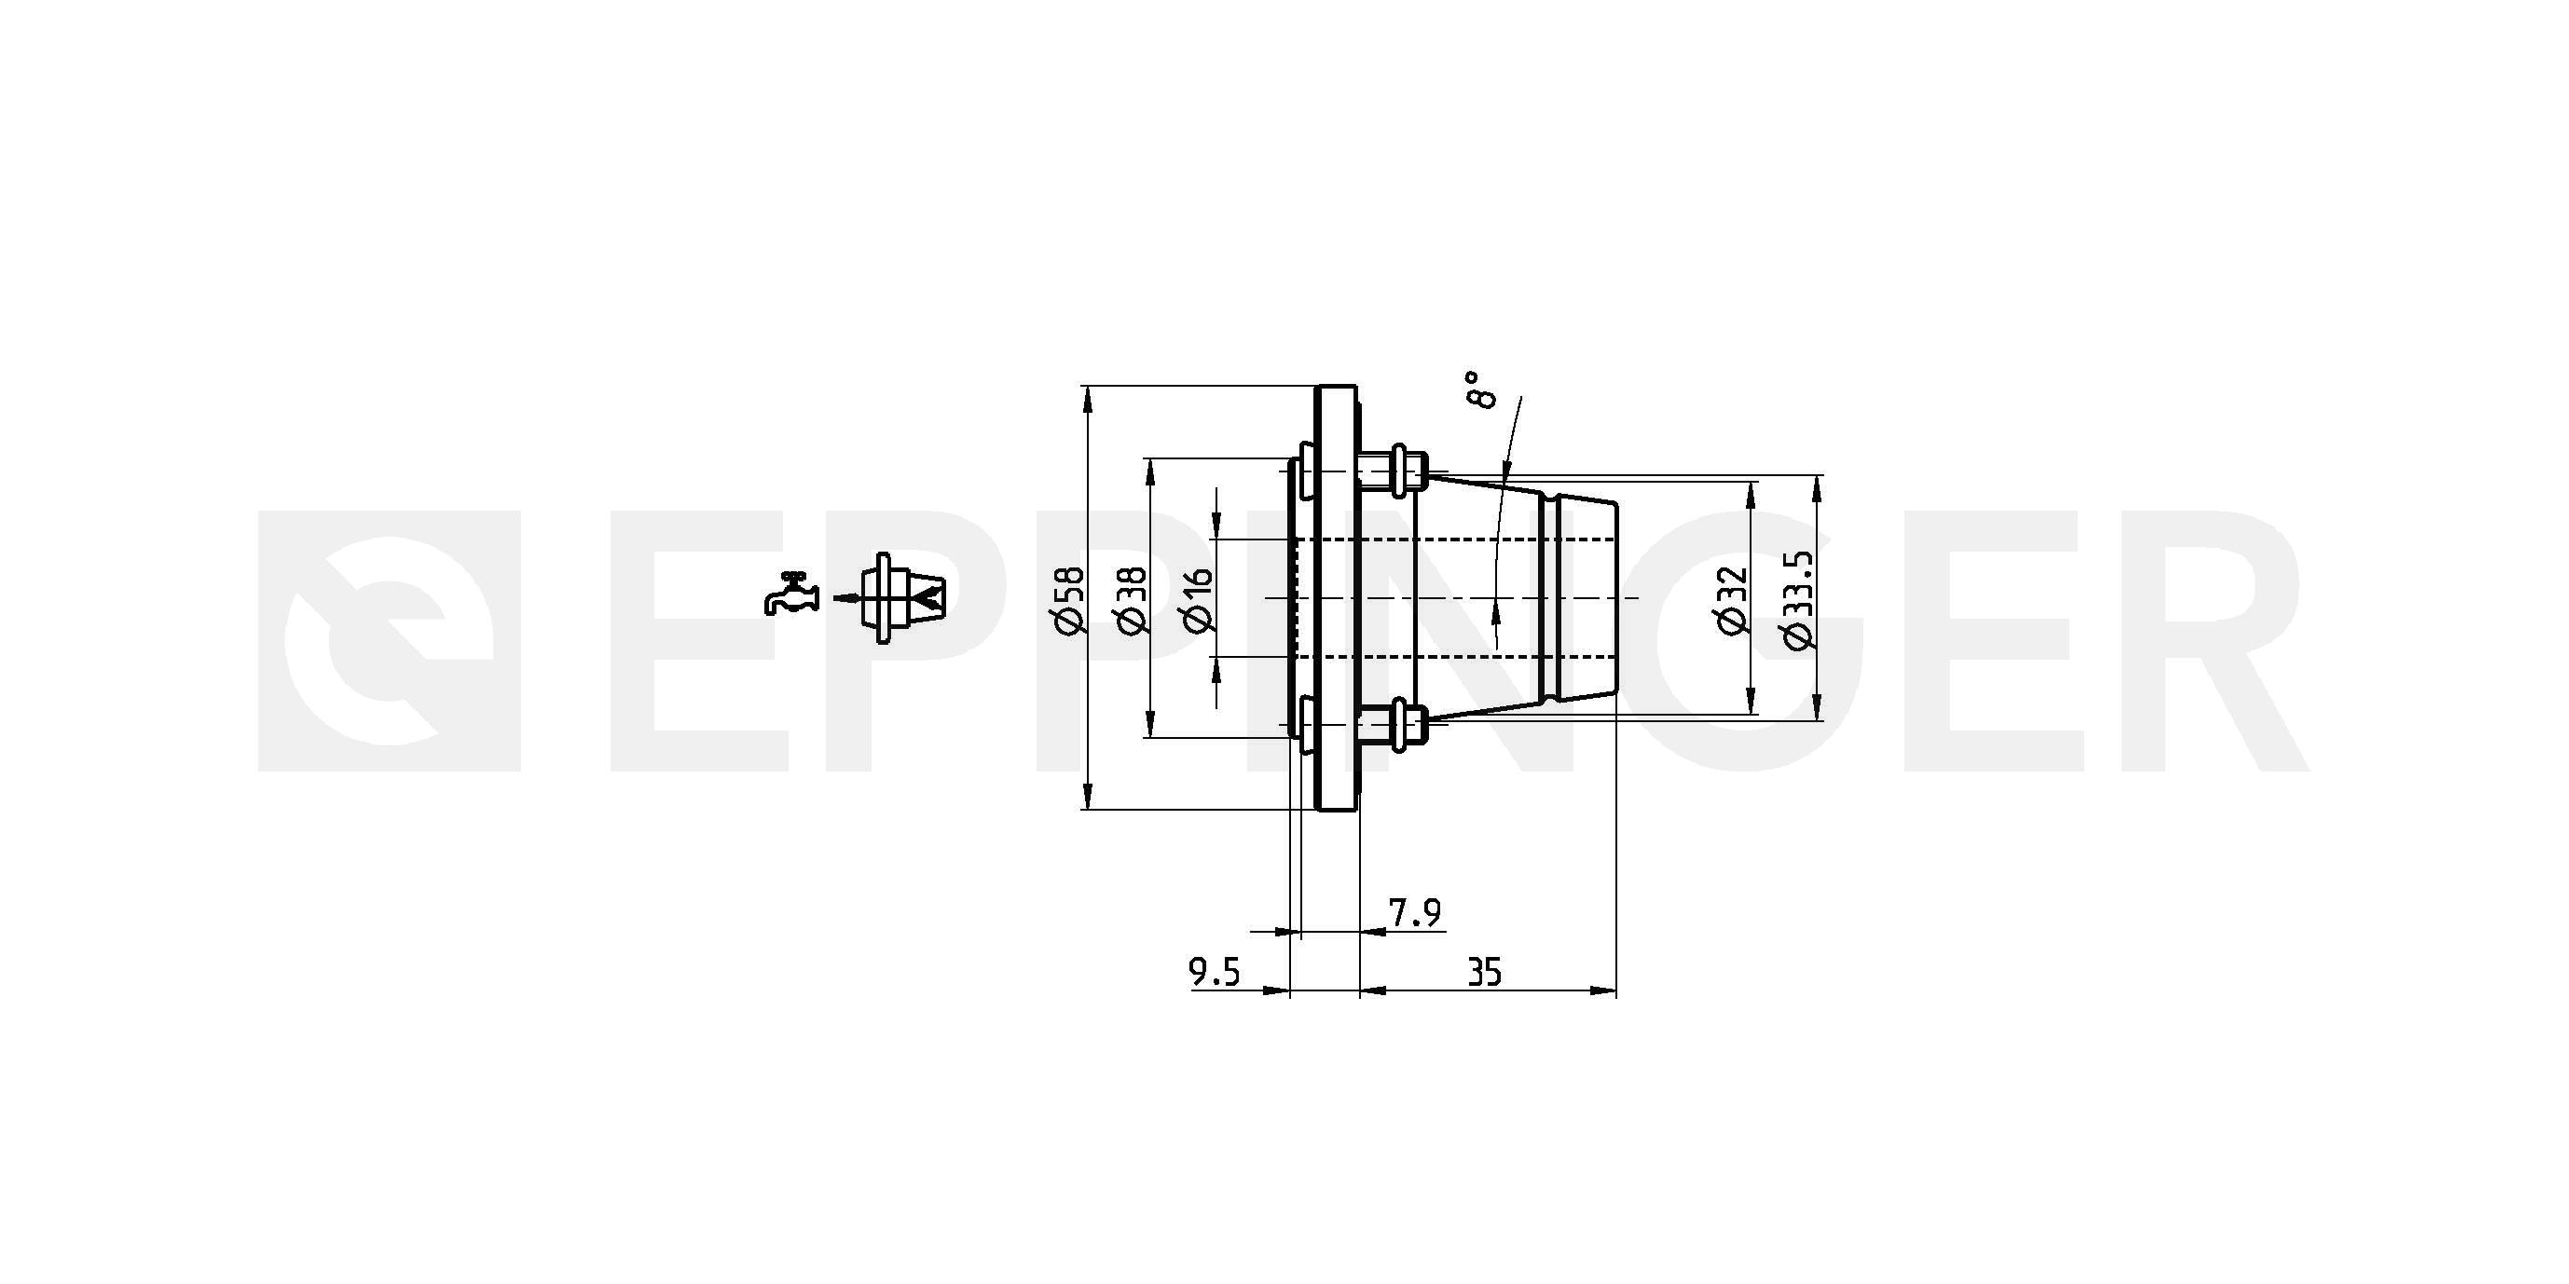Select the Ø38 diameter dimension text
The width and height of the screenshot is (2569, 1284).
[1133, 599]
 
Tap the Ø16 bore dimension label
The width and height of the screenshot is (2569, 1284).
[1198, 599]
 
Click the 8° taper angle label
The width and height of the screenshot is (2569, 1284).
[1481, 389]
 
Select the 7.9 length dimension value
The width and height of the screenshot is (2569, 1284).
[1415, 912]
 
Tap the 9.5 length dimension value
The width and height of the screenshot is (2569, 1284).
[1215, 972]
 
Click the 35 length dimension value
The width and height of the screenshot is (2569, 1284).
[1485, 972]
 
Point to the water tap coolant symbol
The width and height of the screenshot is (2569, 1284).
[790, 594]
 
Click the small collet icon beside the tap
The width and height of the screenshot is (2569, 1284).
[902, 597]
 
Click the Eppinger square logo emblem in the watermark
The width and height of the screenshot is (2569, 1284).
[389, 641]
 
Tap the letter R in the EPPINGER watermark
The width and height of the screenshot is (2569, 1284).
[2194, 641]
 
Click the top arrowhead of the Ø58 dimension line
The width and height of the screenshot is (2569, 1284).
[1087, 398]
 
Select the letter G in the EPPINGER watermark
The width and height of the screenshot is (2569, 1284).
[1755, 641]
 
